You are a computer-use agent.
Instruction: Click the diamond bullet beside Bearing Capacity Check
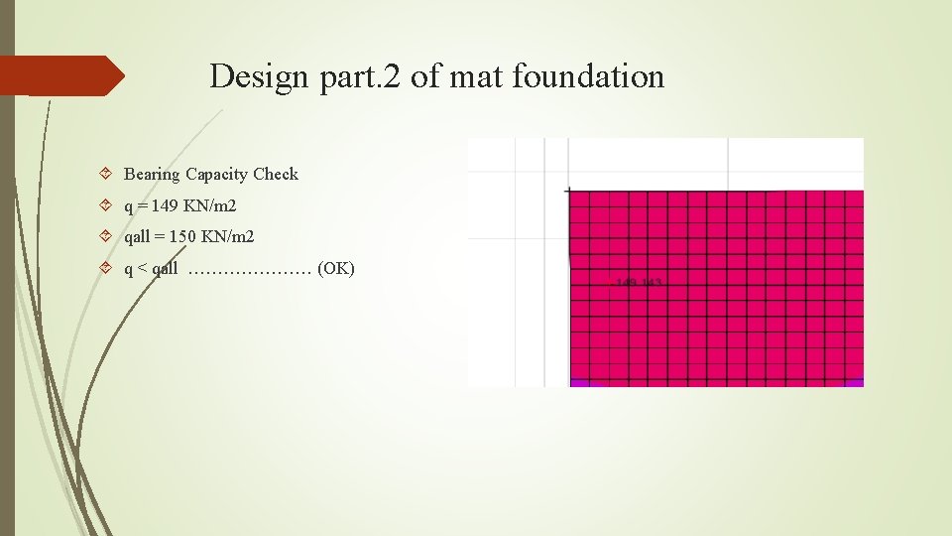pos(106,175)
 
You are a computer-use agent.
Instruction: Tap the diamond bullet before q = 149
pos(106,206)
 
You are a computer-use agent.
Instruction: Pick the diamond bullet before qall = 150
pos(106,237)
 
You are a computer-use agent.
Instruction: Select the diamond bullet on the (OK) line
pos(106,269)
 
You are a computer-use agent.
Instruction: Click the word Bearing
pos(151,175)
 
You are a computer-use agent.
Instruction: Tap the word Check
pos(276,174)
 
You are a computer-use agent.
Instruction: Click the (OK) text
pos(335,268)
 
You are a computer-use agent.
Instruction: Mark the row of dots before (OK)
pos(250,269)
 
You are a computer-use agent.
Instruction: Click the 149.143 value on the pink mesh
pos(640,283)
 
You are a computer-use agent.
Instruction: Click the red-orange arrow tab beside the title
pos(61,75)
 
